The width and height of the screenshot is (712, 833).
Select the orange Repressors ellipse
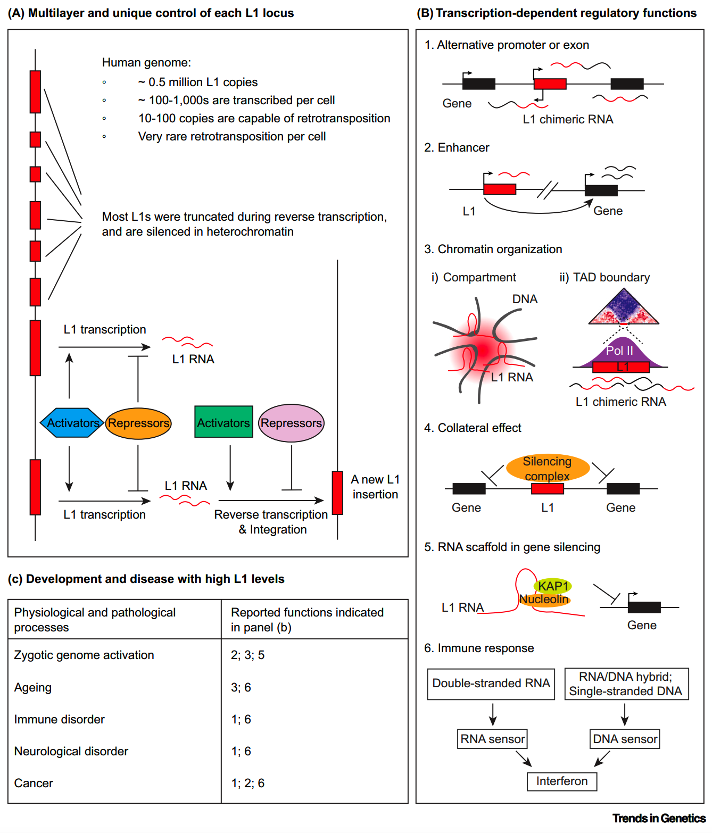coord(138,423)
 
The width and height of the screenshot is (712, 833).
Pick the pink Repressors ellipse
coord(291,423)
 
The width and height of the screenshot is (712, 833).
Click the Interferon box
coord(561,781)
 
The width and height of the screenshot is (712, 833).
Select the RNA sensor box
coord(492,739)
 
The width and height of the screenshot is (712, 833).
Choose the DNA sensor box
coord(625,739)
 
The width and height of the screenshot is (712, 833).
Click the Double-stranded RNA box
coord(491,684)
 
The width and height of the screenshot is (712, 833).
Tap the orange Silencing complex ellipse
coord(547,468)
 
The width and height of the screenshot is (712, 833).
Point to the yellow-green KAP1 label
coord(553,586)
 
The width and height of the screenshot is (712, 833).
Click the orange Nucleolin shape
coord(544,600)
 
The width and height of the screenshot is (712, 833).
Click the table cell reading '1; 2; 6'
coord(247,783)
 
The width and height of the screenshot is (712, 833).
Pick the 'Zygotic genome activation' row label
coord(84,655)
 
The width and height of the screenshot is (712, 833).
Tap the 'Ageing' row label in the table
coord(33,688)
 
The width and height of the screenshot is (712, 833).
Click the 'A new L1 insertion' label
coord(375,487)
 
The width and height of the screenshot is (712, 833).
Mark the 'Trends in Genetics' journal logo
coord(659,818)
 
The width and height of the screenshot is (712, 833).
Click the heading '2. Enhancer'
coord(457,147)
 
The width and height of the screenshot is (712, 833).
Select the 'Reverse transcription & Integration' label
coord(271,522)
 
